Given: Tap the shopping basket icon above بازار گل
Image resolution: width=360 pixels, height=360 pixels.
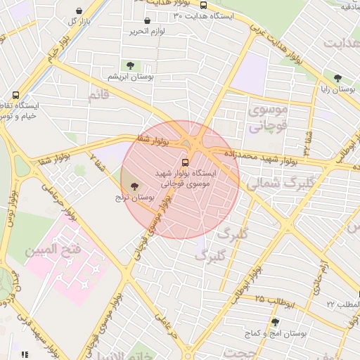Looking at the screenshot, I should tap(78, 11).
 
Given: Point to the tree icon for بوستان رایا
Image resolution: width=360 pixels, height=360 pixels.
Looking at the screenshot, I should tap(338, 79).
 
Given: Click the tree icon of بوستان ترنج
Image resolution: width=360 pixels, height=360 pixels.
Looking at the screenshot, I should tap(134, 186).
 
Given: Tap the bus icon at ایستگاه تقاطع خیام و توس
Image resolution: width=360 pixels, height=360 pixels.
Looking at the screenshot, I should tap(15, 95).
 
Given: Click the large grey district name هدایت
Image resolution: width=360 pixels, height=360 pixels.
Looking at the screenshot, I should tap(342, 43).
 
